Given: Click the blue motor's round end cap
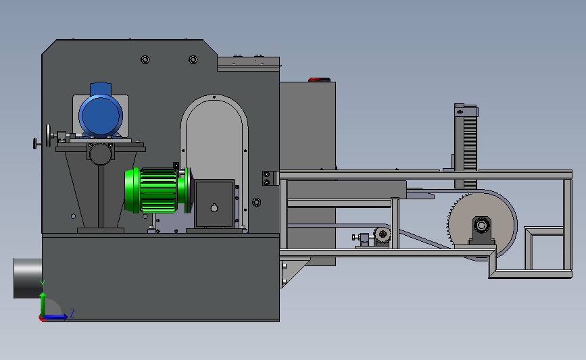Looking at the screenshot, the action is pyautogui.click(x=101, y=115).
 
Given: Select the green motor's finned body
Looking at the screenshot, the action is pyautogui.click(x=158, y=190).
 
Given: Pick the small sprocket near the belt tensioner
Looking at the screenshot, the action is pyautogui.click(x=383, y=235).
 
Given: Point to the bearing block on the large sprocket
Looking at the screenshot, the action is pyautogui.click(x=482, y=230).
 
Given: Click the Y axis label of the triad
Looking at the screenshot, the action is pyautogui.click(x=43, y=285).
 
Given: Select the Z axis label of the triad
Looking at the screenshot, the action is pyautogui.click(x=72, y=313).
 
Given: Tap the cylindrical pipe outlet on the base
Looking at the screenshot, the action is pyautogui.click(x=28, y=278).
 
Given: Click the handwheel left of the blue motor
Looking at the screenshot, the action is pyautogui.click(x=48, y=136).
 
